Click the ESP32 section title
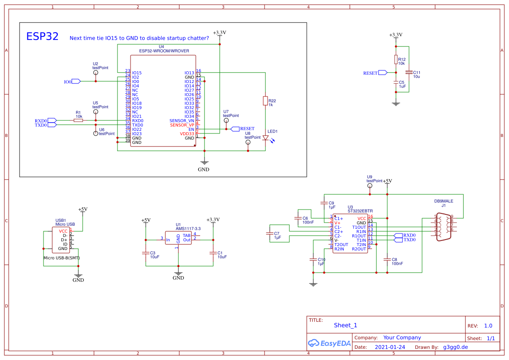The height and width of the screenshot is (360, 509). click(x=42, y=37)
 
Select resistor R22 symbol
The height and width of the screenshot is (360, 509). click(x=265, y=101)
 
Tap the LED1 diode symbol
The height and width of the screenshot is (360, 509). click(x=265, y=137)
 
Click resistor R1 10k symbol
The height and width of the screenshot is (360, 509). click(x=78, y=120)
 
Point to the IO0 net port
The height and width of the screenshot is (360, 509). click(x=75, y=81)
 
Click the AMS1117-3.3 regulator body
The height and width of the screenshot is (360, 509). click(x=178, y=238)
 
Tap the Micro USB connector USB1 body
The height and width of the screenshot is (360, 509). click(x=61, y=240)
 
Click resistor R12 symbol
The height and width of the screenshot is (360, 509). click(x=395, y=60)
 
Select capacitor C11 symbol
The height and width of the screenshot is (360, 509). click(x=409, y=72)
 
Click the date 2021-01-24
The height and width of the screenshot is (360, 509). click(x=390, y=347)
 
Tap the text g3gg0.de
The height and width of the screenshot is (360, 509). click(x=455, y=347)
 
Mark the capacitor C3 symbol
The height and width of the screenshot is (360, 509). click(x=146, y=253)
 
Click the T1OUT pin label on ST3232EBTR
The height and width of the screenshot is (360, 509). click(x=359, y=227)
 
